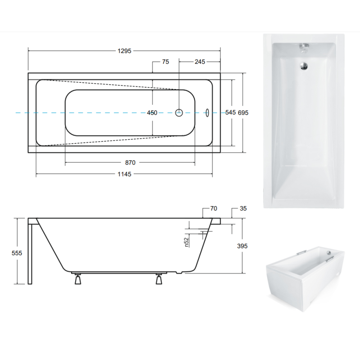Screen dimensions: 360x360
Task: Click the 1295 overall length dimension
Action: click(125, 51)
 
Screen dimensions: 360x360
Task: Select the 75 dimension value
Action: click(166, 62)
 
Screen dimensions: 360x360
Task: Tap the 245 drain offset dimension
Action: click(200, 62)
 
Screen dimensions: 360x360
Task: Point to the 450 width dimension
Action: click(152, 113)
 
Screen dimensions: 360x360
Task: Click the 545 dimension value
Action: click(230, 112)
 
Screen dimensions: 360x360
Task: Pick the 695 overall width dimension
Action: click(243, 113)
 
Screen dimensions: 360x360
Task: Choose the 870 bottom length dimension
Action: click(130, 162)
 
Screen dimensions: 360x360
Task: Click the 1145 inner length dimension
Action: click(125, 174)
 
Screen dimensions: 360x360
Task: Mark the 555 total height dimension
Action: click(17, 253)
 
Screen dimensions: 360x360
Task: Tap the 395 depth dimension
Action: click(242, 246)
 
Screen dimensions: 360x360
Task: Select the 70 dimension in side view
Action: click(213, 208)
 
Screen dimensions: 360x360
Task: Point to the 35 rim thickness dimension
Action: click(243, 208)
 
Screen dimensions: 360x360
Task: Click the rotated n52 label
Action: click(186, 242)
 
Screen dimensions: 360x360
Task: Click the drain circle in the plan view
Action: click(179, 113)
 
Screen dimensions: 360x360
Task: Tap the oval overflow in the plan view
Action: click(207, 112)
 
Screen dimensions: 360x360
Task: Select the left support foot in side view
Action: click(78, 279)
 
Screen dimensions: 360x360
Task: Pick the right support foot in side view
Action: click(159, 279)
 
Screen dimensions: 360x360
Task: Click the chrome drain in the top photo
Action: click(304, 66)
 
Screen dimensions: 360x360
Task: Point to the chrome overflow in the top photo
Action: click(304, 48)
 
